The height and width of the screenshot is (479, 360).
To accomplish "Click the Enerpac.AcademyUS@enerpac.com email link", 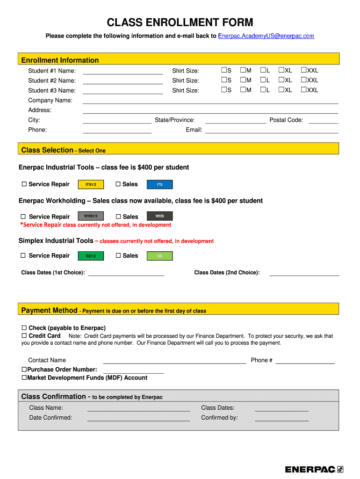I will click(266, 36).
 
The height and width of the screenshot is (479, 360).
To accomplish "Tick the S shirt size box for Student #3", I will click(224, 89).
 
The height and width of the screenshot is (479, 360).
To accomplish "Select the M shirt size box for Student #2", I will click(243, 80).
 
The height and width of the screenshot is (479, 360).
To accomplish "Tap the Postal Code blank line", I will click(324, 122).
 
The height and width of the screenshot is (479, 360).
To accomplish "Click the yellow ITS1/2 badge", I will click(91, 185).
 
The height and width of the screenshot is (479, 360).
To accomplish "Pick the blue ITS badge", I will click(160, 185).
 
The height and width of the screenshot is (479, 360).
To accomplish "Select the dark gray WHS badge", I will click(160, 216).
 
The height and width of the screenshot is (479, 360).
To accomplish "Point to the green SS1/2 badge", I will click(91, 256).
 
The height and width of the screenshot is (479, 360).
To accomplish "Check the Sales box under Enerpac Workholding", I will click(118, 217).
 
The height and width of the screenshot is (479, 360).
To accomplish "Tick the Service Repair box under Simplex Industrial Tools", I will click(23, 255).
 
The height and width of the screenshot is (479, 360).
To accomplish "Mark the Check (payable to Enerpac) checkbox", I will click(24, 328).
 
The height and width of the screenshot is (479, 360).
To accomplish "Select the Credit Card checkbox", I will click(24, 336).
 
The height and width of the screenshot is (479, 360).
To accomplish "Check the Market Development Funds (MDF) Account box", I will click(24, 377).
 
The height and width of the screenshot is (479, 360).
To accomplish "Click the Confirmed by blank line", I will click(281, 419).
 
